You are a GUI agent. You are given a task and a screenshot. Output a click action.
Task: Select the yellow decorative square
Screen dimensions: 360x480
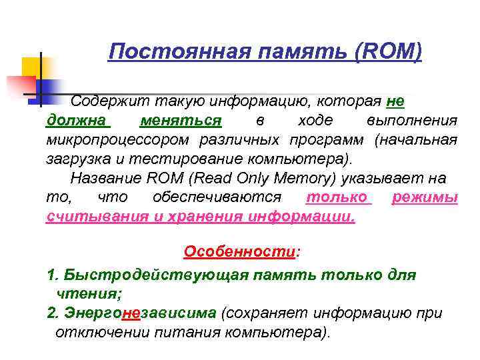33,67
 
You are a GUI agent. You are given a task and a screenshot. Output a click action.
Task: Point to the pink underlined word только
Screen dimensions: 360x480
337,198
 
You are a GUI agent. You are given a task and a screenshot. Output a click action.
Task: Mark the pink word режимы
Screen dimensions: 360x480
425,198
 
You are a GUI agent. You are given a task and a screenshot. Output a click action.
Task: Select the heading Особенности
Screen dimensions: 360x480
239,252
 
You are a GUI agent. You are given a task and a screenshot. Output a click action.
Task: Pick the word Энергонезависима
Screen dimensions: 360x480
141,313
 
